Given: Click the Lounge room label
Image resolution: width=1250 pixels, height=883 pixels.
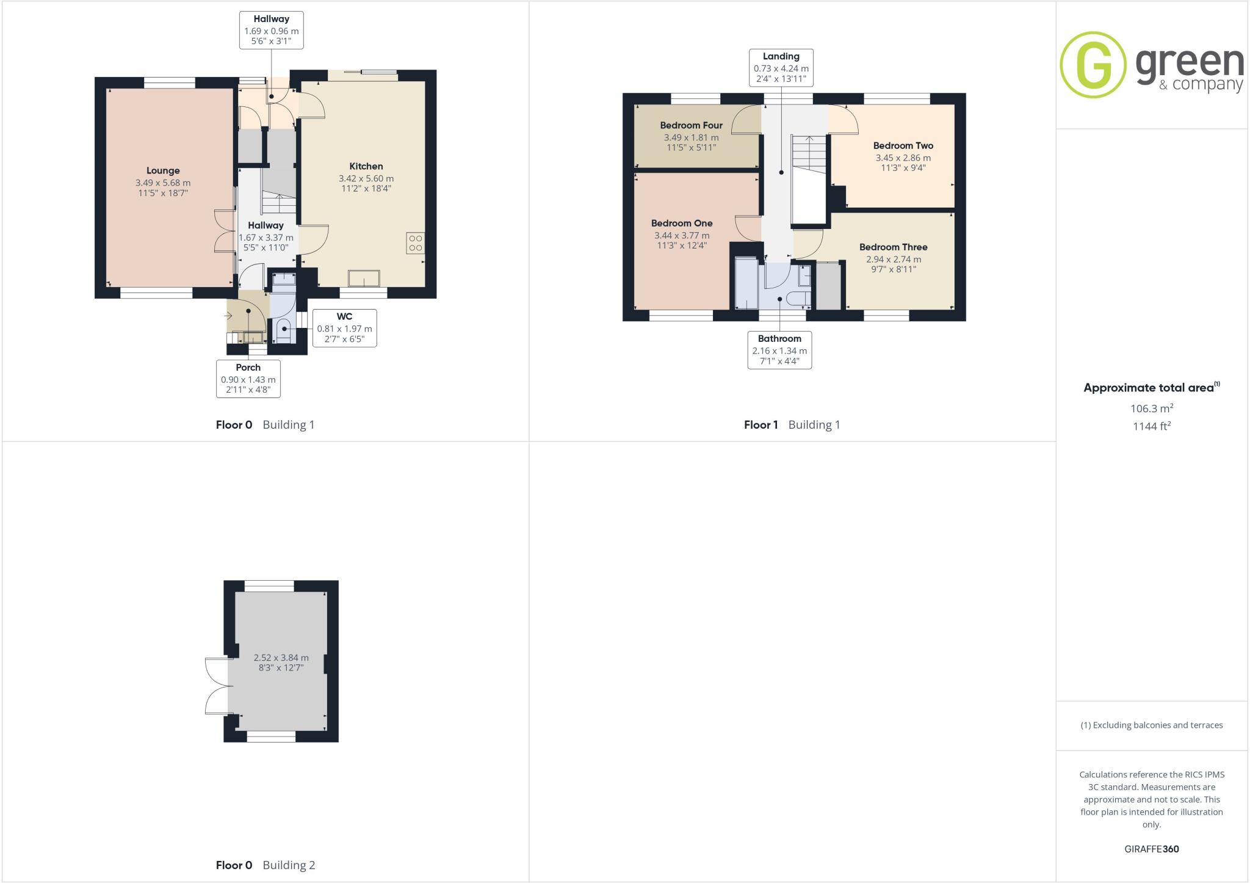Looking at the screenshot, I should (163, 171).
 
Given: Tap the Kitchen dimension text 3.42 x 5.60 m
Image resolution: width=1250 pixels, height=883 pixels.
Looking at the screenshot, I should (366, 178).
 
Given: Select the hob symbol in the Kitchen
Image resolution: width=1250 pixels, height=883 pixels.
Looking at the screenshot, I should (416, 243).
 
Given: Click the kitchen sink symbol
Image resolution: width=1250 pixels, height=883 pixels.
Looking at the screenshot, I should (364, 278).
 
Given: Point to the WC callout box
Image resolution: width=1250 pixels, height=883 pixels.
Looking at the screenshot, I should (344, 328).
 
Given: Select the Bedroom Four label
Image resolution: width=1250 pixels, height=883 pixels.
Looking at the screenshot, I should (691, 126).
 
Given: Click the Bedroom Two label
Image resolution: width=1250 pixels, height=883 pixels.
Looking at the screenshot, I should (903, 146).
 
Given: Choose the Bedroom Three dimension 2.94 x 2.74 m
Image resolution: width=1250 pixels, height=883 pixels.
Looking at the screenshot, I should (894, 259).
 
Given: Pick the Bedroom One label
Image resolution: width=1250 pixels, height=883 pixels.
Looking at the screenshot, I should (682, 223).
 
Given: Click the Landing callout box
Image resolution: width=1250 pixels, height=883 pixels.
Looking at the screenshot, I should (781, 67).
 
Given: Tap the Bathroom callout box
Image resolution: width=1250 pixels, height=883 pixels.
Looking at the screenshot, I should (779, 351).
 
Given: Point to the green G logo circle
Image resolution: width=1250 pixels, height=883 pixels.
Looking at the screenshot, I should (1093, 65).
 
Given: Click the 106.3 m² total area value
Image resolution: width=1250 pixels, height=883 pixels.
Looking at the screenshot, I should (1151, 409).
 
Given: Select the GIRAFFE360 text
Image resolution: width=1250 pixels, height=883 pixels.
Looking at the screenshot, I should (1151, 849).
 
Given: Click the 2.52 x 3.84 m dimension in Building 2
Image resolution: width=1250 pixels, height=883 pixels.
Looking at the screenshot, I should (281, 658).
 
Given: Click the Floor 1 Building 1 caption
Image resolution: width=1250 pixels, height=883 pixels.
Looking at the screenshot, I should (792, 425).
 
